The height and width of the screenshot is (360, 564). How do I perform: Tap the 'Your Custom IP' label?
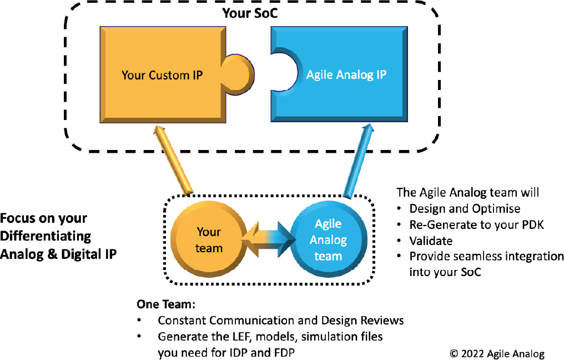tap(162, 74)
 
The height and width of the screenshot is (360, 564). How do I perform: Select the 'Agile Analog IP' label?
tap(346, 74)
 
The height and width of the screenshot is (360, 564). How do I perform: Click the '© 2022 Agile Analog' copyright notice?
tap(497, 354)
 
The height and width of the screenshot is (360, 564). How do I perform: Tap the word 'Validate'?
tap(431, 241)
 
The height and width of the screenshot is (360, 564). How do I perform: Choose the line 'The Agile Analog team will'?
tap(467, 193)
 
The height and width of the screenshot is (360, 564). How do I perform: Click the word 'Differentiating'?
tap(46, 236)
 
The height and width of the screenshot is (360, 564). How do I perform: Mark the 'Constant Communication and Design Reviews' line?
tap(280, 321)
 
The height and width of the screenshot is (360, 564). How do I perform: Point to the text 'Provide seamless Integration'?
tap(486, 257)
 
